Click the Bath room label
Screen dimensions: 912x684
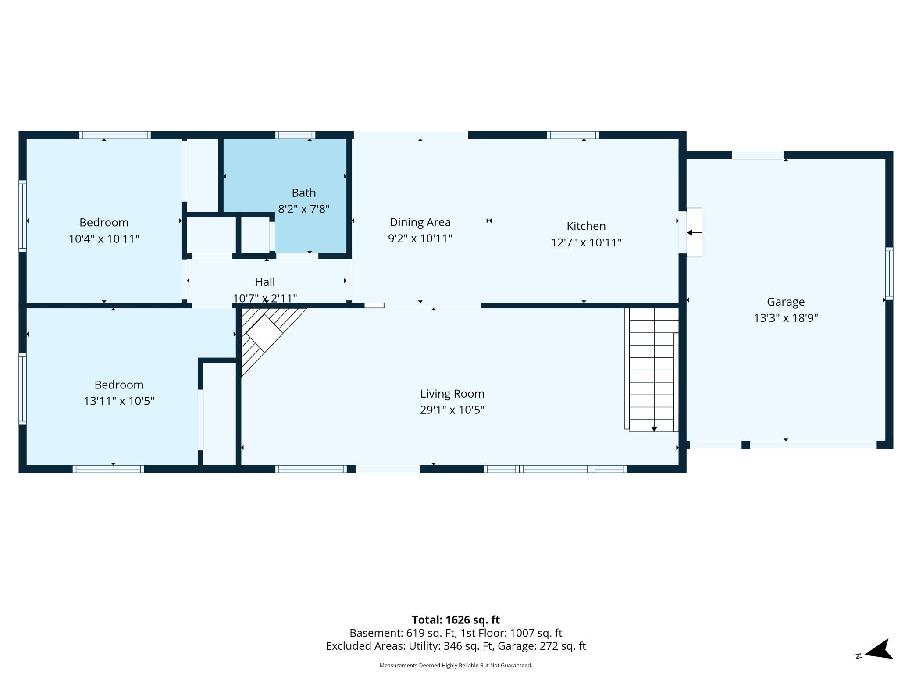[303, 193]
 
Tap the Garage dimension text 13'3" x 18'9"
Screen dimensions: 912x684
[786, 318]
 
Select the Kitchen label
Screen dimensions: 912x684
[586, 226]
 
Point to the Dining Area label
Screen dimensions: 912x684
[420, 223]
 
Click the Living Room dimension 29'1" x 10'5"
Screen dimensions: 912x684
[452, 410]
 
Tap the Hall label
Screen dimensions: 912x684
[265, 282]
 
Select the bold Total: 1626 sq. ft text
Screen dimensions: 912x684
[456, 620]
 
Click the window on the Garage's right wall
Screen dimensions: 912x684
[889, 274]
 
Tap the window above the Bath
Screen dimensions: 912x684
[296, 135]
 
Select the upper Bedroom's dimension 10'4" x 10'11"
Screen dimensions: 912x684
[104, 239]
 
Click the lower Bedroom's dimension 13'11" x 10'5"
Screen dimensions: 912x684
[119, 401]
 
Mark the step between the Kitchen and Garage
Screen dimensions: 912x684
[694, 232]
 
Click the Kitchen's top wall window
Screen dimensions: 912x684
[573, 135]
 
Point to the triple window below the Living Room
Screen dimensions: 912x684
[555, 469]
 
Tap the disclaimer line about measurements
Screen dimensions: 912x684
[456, 666]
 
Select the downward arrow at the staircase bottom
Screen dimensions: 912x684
[654, 429]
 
